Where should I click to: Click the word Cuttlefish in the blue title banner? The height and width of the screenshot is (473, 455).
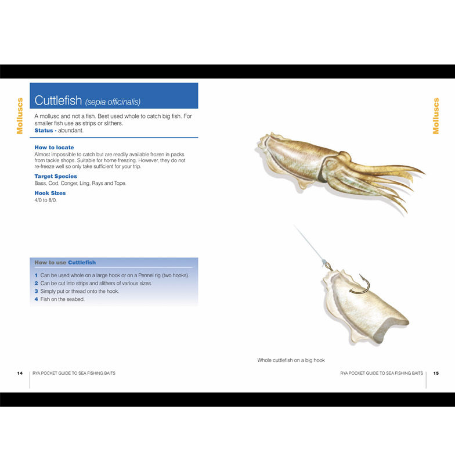tap(58, 100)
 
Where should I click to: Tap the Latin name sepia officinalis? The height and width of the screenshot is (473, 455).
tap(113, 102)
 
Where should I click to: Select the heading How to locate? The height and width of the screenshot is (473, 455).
tap(54, 147)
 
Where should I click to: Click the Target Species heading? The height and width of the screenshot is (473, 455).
tap(56, 176)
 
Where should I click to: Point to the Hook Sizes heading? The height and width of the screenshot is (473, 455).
tap(50, 193)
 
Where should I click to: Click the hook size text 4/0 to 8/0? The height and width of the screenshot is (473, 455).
tap(45, 200)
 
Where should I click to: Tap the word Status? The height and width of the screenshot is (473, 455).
tap(44, 130)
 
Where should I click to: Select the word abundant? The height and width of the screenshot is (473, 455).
tap(70, 130)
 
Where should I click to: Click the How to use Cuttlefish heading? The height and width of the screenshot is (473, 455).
tap(65, 263)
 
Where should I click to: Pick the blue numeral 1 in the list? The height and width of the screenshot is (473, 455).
tap(36, 275)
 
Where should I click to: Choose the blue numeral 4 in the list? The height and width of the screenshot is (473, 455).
tap(36, 299)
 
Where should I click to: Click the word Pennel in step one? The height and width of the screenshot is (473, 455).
tap(146, 275)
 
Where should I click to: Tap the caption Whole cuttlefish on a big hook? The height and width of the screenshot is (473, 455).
tap(291, 360)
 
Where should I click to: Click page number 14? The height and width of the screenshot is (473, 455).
tap(20, 373)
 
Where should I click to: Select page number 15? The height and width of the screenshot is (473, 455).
tap(436, 373)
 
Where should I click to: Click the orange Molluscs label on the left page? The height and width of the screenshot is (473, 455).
tap(20, 116)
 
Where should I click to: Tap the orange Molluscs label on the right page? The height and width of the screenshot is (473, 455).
tap(436, 116)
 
